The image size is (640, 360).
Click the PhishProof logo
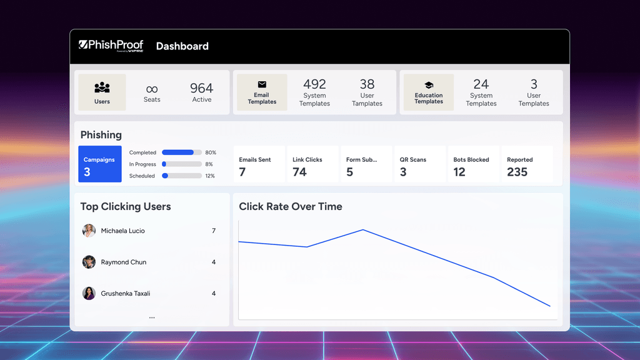click(111, 46)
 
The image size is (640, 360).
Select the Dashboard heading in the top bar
click(182, 46)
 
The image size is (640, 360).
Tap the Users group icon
click(102, 87)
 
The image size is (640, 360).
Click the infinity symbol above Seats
click(152, 89)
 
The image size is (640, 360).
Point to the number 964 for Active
click(202, 88)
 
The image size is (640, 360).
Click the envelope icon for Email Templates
click(262, 85)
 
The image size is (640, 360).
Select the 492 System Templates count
click(314, 84)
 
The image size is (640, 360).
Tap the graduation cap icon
click(429, 85)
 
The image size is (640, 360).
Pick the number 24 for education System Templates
click(481, 84)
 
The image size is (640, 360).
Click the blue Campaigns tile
click(100, 164)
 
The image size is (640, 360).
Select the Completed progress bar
click(181, 152)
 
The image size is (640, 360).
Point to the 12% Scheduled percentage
click(210, 176)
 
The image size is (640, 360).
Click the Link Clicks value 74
click(300, 172)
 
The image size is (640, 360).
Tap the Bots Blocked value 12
click(459, 172)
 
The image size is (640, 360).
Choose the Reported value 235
click(517, 172)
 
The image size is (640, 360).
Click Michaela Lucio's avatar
click(89, 231)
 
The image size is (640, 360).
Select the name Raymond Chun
click(124, 262)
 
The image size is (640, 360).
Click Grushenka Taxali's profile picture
click(89, 293)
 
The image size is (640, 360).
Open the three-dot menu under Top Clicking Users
click(152, 317)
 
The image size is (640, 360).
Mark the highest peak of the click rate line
click(363, 230)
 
